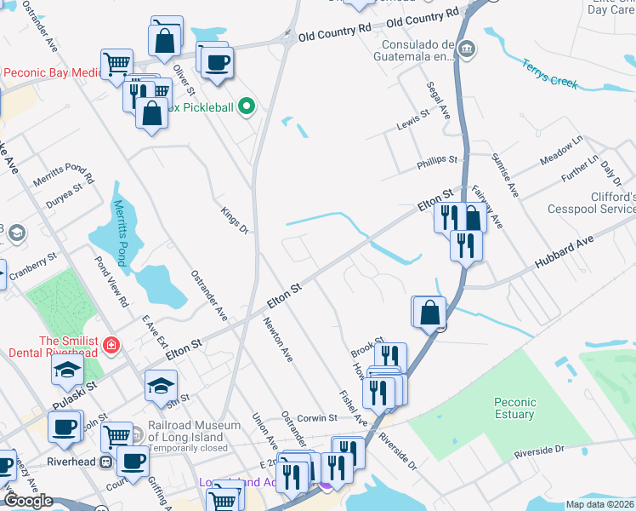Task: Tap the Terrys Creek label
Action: pyautogui.click(x=550, y=73)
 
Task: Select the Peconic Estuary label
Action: pyautogui.click(x=514, y=408)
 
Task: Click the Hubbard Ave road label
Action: pyautogui.click(x=563, y=254)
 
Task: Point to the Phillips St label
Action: pyautogui.click(x=437, y=159)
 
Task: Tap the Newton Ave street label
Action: pyautogui.click(x=278, y=340)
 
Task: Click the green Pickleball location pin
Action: pyautogui.click(x=247, y=106)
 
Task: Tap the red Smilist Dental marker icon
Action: pyautogui.click(x=111, y=345)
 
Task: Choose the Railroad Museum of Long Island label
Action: pyautogui.click(x=186, y=432)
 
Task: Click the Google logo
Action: pyautogui.click(x=28, y=501)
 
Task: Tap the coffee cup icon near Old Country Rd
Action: pyautogui.click(x=218, y=62)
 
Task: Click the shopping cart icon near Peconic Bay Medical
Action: pyautogui.click(x=116, y=63)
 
